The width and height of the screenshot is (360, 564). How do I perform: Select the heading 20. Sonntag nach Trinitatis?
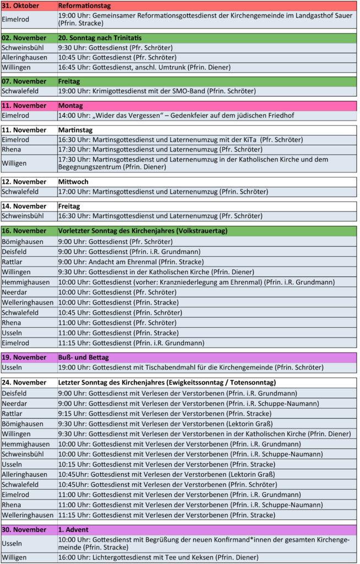(100, 38)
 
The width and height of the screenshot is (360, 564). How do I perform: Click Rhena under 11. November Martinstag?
(12, 149)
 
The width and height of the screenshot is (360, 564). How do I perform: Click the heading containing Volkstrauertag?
(143, 231)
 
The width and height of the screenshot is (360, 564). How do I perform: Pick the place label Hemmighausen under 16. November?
(25, 282)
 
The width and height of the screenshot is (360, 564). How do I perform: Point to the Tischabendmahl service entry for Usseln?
(190, 367)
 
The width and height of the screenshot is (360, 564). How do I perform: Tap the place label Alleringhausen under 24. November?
(25, 474)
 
